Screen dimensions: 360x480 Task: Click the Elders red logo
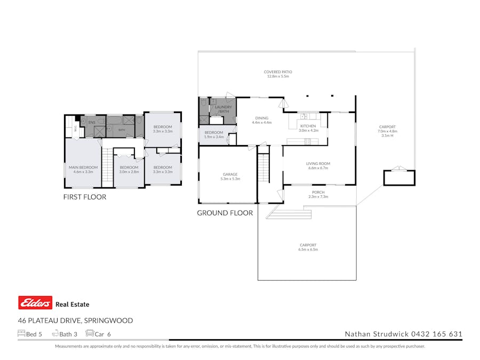coord(35,303)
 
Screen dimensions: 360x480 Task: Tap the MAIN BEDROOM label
coord(83,167)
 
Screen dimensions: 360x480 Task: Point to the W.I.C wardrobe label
coord(75,129)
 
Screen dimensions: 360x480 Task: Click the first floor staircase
coord(107,167)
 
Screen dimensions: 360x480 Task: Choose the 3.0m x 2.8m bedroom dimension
coord(129,172)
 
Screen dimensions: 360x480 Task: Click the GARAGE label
coord(230,174)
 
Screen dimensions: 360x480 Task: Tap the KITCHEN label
coord(308,126)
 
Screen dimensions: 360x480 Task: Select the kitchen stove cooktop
coord(307,141)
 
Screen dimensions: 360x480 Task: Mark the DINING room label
coord(261,118)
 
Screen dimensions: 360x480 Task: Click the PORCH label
coord(318,192)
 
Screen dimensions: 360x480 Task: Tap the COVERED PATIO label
coord(278,71)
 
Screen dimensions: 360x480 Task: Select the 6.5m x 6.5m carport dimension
coord(308,250)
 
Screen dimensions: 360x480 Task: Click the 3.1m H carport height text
coord(387,135)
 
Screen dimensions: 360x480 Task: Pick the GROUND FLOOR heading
coord(225,213)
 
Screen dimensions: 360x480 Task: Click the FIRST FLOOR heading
coord(85,197)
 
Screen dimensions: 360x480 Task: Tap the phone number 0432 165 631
coord(436,334)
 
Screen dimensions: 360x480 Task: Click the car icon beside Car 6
coord(90,333)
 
